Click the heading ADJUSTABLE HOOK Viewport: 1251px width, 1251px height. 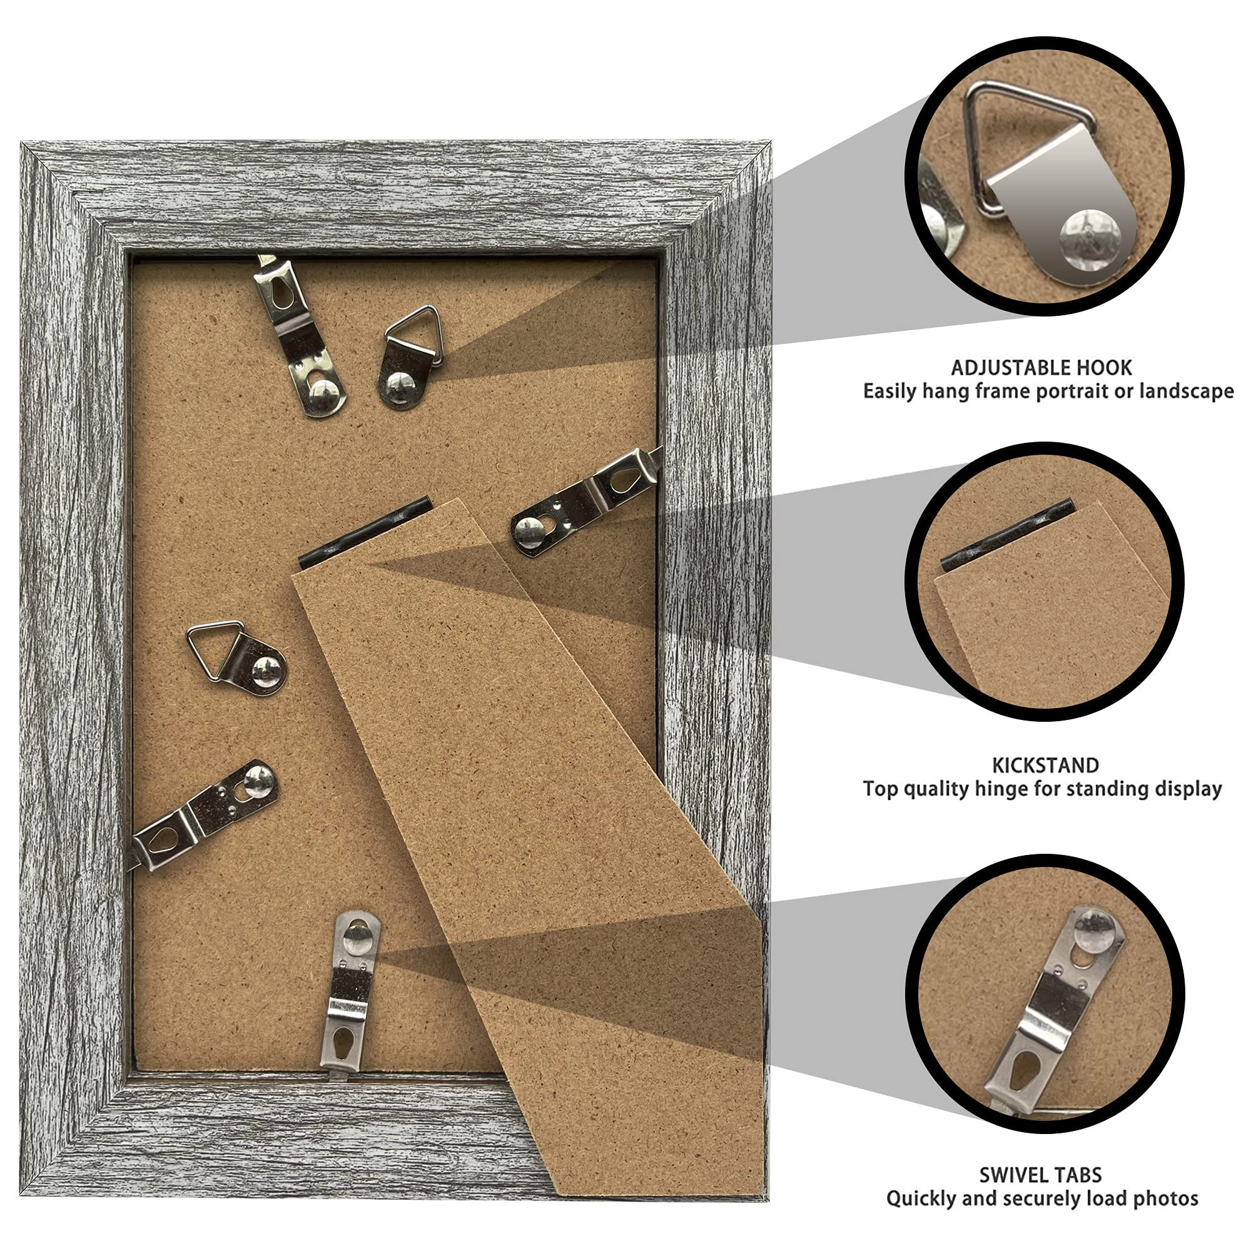tap(1041, 368)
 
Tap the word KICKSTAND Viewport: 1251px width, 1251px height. tap(1045, 766)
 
